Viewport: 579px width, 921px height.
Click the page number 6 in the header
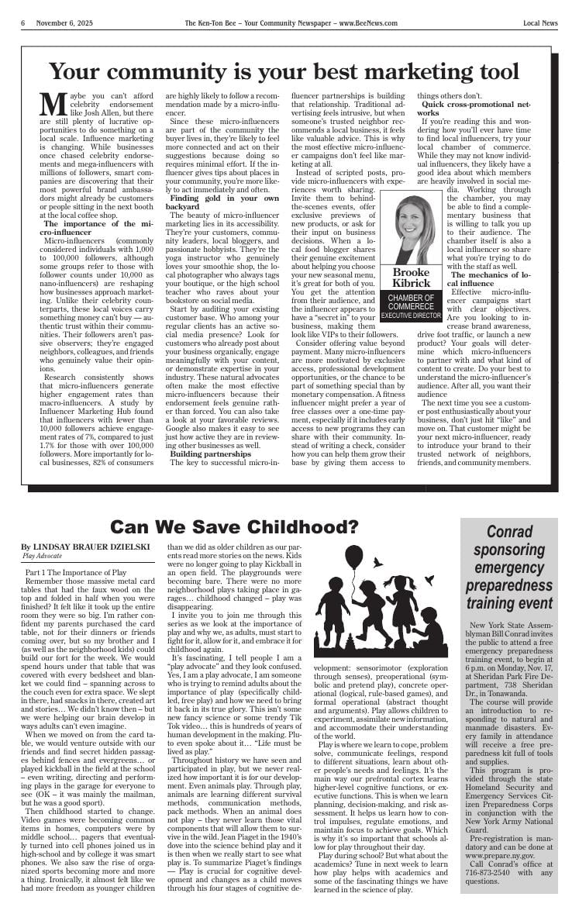click(x=23, y=23)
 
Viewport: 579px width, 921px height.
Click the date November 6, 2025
click(x=63, y=23)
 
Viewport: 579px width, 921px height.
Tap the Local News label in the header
click(x=540, y=23)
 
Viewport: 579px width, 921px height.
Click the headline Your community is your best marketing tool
click(x=284, y=71)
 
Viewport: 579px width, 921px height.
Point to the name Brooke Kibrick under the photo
click(x=411, y=278)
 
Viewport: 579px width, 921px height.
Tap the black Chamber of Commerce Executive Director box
click(x=411, y=306)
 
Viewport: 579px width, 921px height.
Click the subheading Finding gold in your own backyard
click(x=224, y=203)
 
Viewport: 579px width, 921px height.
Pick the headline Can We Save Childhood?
click(x=234, y=528)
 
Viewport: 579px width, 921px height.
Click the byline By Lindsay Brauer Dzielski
click(x=85, y=547)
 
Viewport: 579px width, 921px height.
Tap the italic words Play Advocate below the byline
click(x=43, y=556)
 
